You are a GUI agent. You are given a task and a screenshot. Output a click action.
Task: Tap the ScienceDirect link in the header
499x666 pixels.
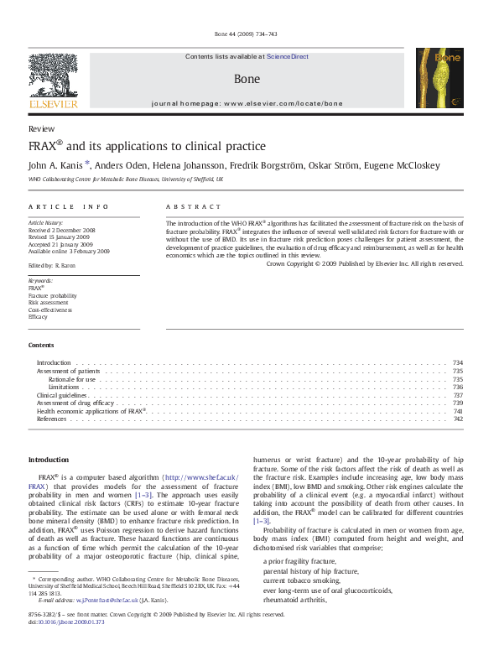(288, 57)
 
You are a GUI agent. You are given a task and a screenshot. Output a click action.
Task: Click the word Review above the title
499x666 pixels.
(41, 129)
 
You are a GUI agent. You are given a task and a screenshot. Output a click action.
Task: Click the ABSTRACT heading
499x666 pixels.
(194, 206)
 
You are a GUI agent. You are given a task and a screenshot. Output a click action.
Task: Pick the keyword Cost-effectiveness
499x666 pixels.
(50, 310)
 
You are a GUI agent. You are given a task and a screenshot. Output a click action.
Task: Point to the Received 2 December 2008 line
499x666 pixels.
(62, 229)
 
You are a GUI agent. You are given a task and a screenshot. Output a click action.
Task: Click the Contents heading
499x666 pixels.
(41, 345)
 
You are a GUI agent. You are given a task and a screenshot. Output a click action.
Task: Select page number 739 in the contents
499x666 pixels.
(458, 403)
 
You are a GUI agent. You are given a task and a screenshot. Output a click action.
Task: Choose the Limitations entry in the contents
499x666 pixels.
(65, 387)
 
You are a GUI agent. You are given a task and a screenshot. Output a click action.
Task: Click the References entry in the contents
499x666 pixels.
(51, 419)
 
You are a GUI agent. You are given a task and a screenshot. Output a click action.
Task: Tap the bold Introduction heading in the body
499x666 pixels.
(49, 460)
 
